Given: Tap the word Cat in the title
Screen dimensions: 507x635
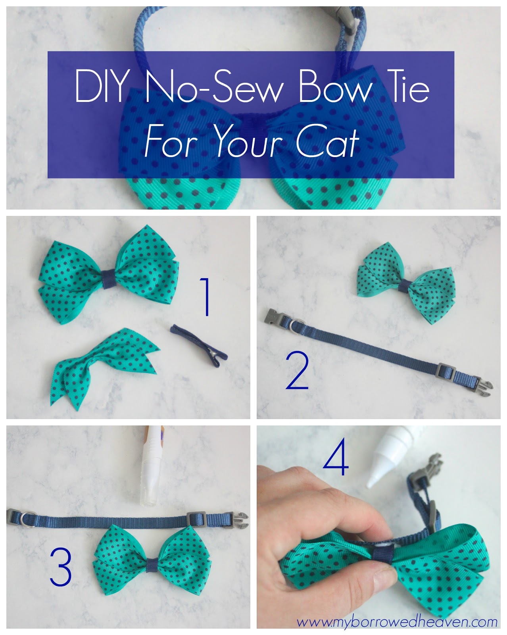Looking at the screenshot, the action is tap(328, 141).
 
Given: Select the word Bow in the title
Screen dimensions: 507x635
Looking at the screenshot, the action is tap(335, 86).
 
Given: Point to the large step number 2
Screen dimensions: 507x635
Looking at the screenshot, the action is tap(297, 370).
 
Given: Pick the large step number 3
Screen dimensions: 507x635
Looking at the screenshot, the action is tap(61, 566).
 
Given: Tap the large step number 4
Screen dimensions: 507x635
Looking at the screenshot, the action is tap(336, 456).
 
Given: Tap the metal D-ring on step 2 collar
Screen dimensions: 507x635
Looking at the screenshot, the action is tap(296, 326).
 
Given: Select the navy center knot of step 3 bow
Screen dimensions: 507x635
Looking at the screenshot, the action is tap(152, 565).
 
